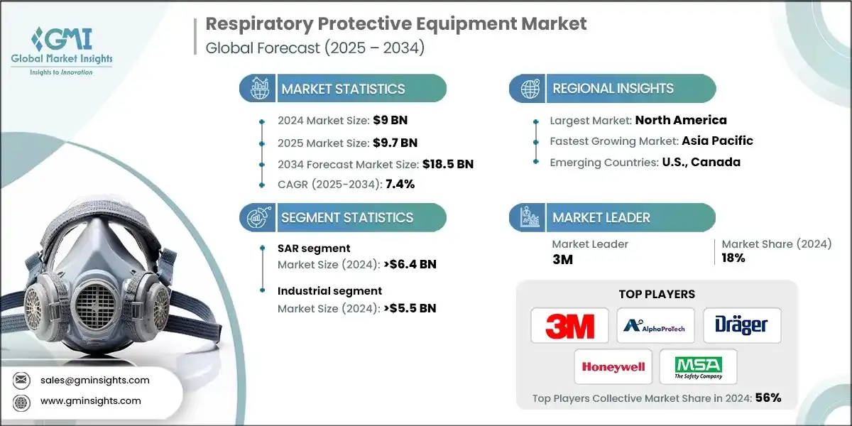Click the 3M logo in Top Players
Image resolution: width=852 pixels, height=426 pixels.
tap(569, 326)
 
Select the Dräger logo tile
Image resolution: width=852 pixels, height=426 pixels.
tap(742, 326)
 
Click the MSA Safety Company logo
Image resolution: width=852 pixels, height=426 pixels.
tap(698, 367)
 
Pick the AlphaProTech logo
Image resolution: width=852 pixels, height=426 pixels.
tap(655, 326)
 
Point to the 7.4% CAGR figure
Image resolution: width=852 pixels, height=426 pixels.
tap(399, 184)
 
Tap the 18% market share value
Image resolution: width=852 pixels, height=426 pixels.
tap(733, 258)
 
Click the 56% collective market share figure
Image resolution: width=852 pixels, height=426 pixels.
tap(768, 398)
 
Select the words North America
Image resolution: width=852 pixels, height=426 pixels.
tap(681, 120)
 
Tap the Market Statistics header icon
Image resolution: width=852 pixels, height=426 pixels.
tap(257, 89)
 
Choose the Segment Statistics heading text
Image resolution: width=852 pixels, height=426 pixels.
tap(347, 217)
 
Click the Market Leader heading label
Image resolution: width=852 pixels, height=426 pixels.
tap(601, 217)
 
